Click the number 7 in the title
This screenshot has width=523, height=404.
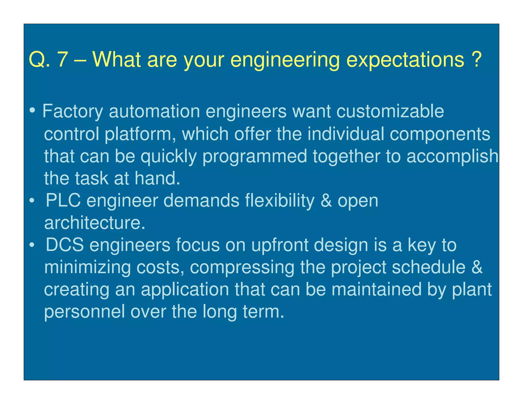click(63, 59)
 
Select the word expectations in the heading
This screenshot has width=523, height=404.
click(405, 60)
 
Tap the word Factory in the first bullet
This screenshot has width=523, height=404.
click(73, 112)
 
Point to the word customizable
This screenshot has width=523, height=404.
click(390, 111)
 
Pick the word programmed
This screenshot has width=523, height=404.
click(255, 157)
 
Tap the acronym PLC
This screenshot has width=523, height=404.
click(63, 200)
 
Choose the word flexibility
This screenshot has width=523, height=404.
click(280, 201)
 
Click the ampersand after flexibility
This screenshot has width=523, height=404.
click(326, 201)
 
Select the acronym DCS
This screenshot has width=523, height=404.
click(65, 245)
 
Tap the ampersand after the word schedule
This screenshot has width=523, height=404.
click(477, 267)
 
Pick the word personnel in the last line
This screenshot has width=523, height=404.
click(84, 312)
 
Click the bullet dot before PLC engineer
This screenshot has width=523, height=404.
click(32, 201)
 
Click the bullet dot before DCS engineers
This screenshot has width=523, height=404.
click(32, 245)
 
